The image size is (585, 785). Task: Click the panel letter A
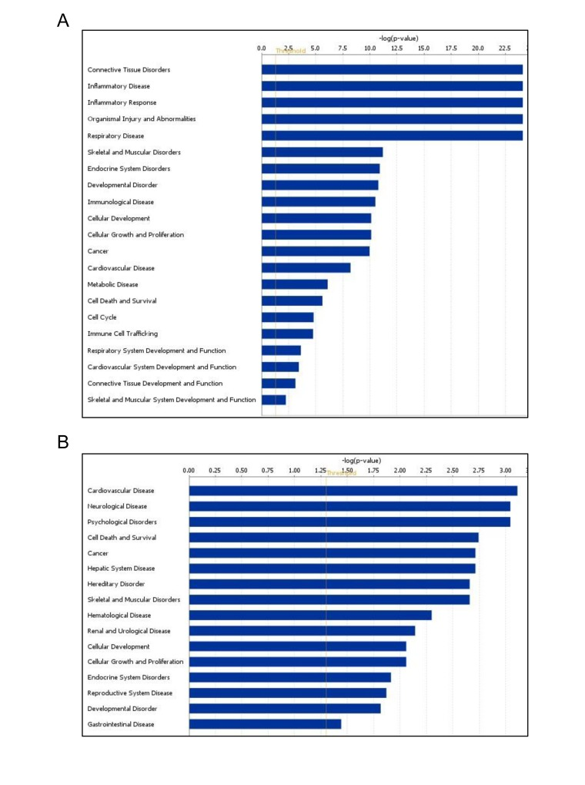(63, 21)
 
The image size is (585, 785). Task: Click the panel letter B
(63, 442)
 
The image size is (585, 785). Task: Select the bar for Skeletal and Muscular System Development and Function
(274, 400)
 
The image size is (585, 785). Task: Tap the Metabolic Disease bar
(295, 284)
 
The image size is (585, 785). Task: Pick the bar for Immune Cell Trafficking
(287, 334)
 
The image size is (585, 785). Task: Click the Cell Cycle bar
(288, 317)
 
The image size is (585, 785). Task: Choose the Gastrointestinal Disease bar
(265, 724)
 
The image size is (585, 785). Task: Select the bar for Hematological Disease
(310, 615)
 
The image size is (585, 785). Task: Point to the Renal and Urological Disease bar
(302, 631)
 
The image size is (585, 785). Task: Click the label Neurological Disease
(118, 506)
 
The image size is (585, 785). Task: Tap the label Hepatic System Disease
(121, 569)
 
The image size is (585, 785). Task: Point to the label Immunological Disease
(120, 202)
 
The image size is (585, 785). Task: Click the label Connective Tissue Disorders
(129, 70)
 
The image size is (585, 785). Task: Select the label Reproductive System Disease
(130, 693)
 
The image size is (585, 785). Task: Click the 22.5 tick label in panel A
(504, 48)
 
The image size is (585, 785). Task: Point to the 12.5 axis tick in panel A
(396, 48)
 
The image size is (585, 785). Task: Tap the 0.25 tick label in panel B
(215, 470)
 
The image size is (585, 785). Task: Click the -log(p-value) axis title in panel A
(398, 38)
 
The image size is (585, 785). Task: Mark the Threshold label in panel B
(342, 473)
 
